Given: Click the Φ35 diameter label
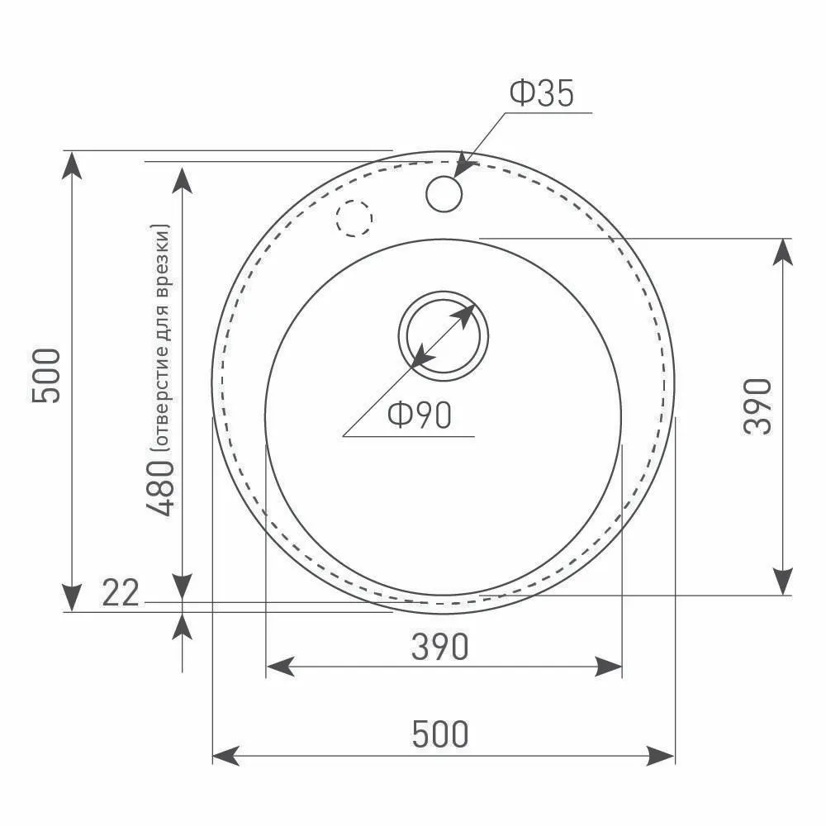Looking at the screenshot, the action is (x=542, y=93).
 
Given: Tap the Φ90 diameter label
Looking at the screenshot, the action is (x=420, y=415).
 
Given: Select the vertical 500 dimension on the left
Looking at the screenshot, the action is (x=46, y=376).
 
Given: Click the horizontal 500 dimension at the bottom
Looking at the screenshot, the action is (x=440, y=733).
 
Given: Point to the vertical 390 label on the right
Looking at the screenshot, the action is (x=757, y=406).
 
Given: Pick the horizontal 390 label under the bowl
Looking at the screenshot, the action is (x=440, y=647).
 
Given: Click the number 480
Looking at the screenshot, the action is (x=159, y=488).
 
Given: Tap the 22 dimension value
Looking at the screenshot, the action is (x=121, y=592).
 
